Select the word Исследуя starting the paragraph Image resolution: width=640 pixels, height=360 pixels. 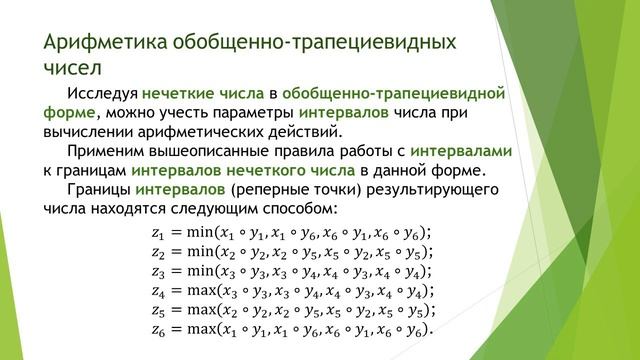click(107, 95)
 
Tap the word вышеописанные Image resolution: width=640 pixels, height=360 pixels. click(217, 152)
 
